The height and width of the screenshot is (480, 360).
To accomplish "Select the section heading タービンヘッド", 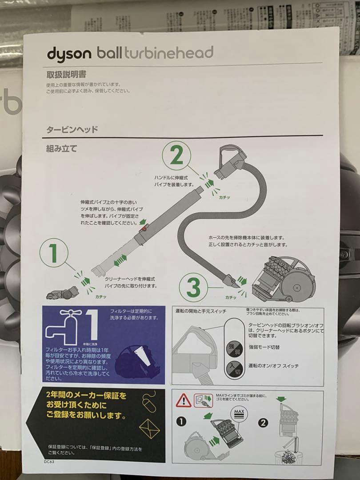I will click(x=72, y=130).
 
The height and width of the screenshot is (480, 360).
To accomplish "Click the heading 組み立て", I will click(x=61, y=149).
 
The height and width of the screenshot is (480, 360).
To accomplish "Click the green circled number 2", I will click(x=176, y=156).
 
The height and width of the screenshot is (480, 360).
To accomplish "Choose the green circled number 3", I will click(x=193, y=287).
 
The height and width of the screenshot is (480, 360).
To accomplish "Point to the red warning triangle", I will click(x=183, y=401).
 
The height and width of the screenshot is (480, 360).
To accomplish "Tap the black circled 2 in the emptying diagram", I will click(x=263, y=422).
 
